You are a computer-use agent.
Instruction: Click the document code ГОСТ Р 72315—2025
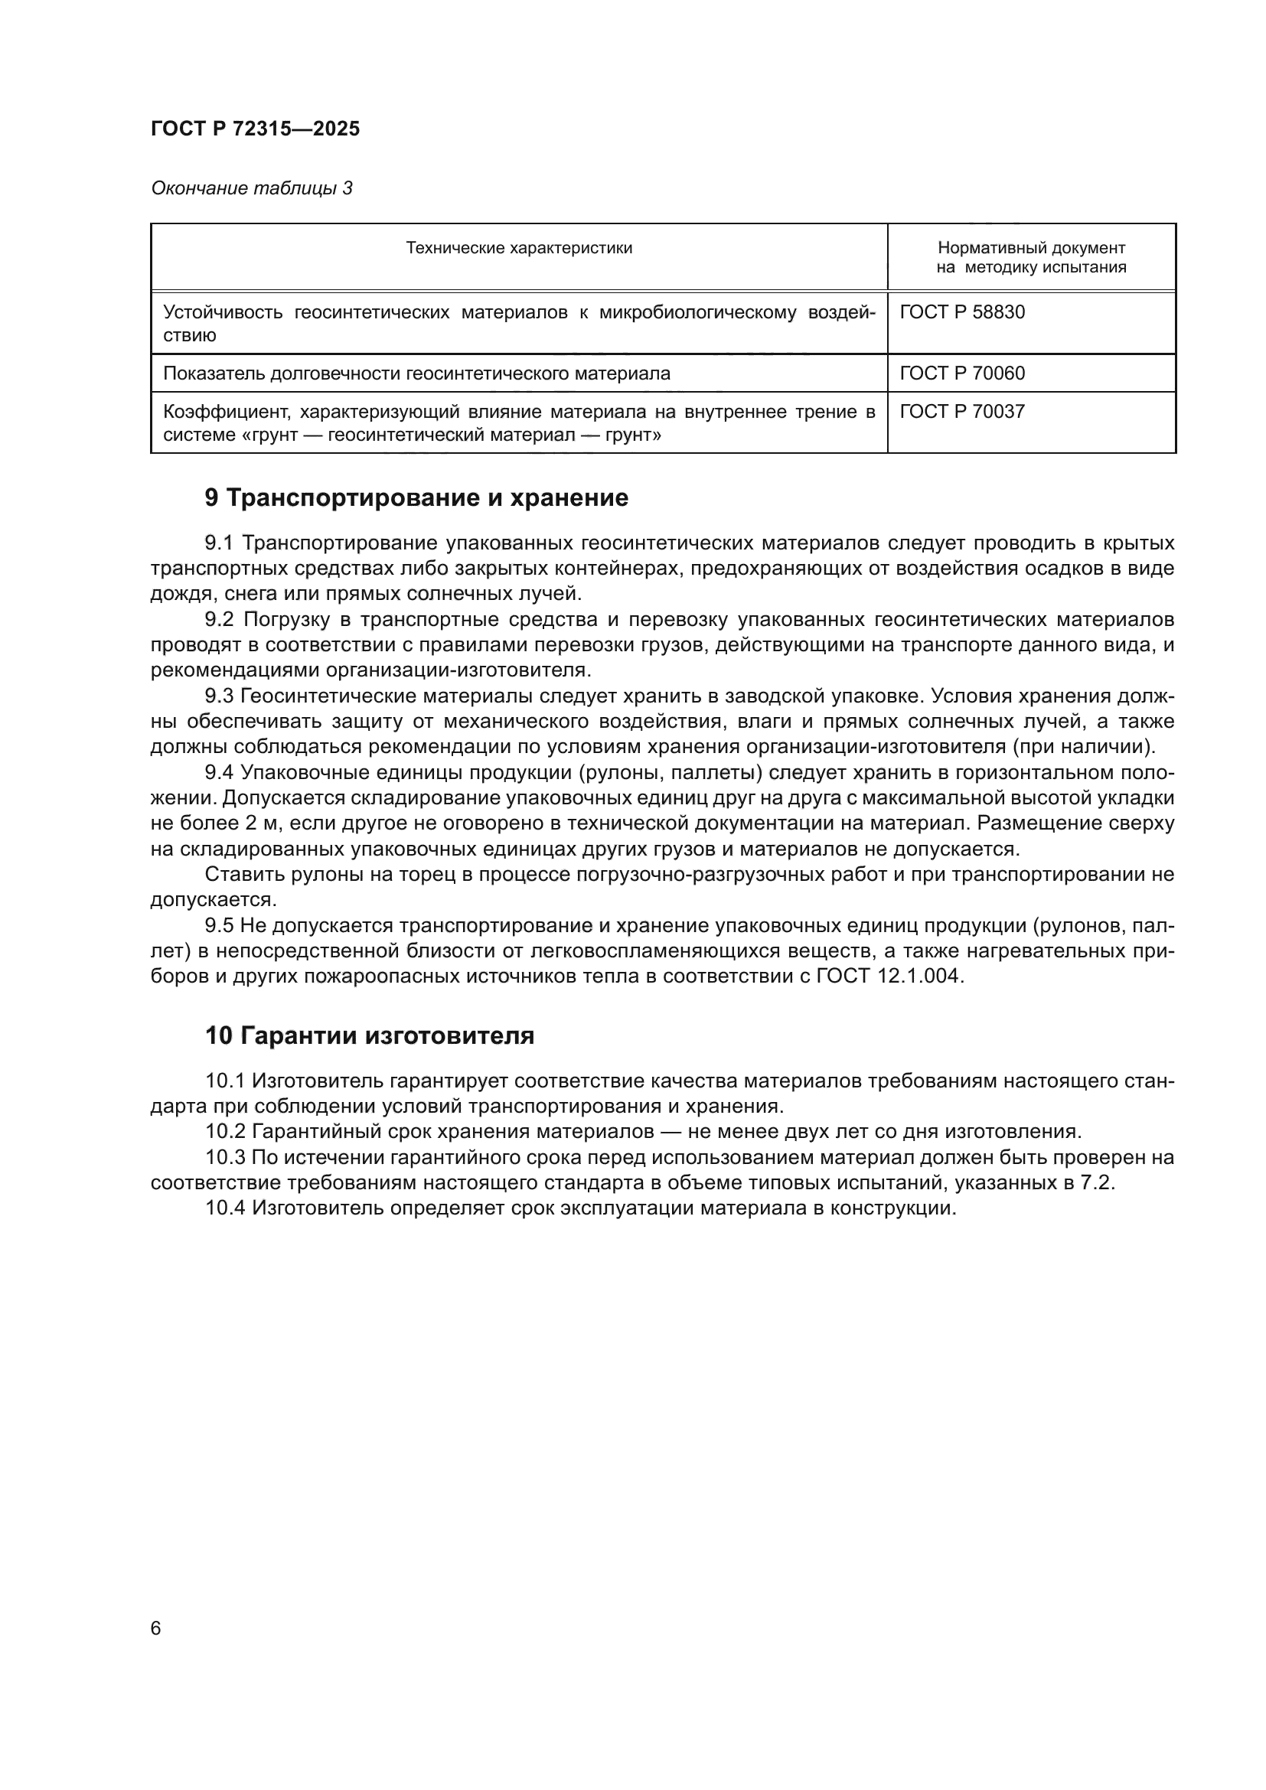coord(255,129)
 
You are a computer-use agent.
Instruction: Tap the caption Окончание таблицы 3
coord(251,189)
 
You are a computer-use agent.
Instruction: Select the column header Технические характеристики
coord(518,249)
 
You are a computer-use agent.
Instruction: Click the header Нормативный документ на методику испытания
coord(1030,258)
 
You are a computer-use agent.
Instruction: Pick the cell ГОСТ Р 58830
coord(962,313)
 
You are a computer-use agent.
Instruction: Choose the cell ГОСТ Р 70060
coord(962,373)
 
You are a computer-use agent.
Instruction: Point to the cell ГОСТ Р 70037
coord(962,412)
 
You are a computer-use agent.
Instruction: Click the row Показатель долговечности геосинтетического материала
coord(416,373)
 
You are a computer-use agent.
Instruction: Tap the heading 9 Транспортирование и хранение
coord(416,498)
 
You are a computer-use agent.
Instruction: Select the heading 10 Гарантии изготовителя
coord(370,1036)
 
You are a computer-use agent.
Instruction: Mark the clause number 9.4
coord(219,773)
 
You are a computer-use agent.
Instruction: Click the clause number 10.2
coord(225,1132)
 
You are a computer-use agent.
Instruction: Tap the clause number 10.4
coord(225,1208)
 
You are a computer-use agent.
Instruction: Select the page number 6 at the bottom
coord(156,1628)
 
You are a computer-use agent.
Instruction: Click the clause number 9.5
coord(219,926)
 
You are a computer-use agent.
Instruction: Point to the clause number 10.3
coord(225,1158)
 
